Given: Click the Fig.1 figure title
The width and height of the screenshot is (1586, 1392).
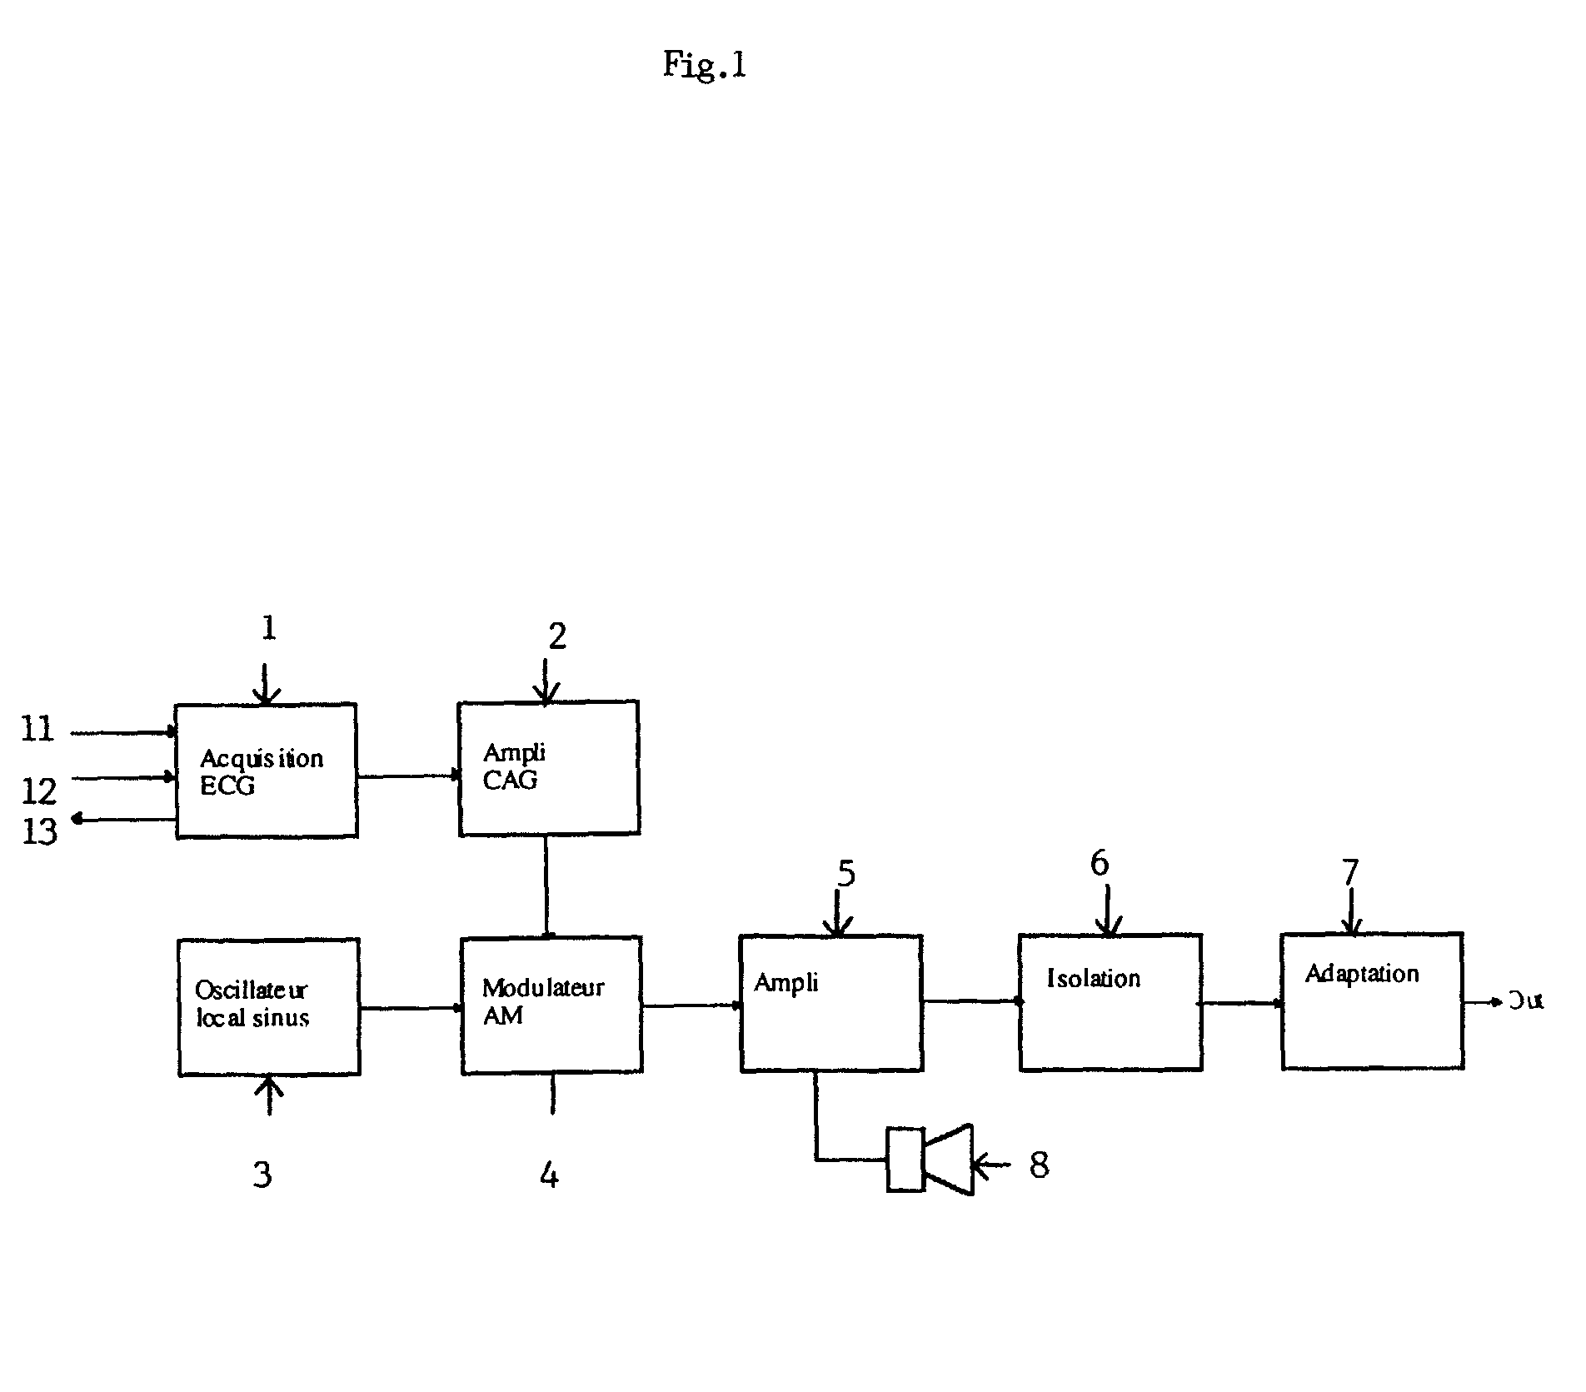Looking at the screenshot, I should pos(704,64).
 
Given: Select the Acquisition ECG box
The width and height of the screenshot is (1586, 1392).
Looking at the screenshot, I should pos(267,771).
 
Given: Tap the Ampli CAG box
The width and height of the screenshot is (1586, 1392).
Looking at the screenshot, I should pos(549,768).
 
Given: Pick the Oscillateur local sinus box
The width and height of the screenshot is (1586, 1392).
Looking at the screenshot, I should pos(269,1007).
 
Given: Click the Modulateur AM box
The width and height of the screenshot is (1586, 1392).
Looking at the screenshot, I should pos(551,1005).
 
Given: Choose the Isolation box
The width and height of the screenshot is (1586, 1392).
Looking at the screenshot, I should pos(1110,1002).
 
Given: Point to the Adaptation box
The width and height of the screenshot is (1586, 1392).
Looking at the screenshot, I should pos(1372,1001).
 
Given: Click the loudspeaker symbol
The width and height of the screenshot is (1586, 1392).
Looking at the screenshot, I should pos(930,1160).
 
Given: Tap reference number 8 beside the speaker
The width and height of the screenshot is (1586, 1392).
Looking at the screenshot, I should pos(1039,1165).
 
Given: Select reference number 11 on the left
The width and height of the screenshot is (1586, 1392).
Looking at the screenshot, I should pos(37,730).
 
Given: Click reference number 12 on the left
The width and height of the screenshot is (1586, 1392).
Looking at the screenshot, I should pos(38,791).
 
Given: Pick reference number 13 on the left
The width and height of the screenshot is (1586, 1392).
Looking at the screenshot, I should pos(39,831).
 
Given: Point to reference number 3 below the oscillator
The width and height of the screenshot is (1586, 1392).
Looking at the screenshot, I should pos(262,1174).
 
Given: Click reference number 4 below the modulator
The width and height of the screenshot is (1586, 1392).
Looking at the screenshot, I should pos(549,1175).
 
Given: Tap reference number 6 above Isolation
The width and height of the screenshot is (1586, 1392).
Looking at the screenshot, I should pos(1100,864).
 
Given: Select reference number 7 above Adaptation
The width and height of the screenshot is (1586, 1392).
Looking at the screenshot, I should pos(1350,872).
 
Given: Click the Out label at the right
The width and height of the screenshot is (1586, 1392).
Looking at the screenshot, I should pos(1526,1000).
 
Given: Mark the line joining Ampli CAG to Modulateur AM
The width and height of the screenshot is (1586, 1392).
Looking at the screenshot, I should pos(546,886).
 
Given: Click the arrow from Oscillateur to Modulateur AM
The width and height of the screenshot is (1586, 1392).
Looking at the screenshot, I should pos(411,1008).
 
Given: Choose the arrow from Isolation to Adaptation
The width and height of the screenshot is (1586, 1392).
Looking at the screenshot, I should pos(1241,1003).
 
